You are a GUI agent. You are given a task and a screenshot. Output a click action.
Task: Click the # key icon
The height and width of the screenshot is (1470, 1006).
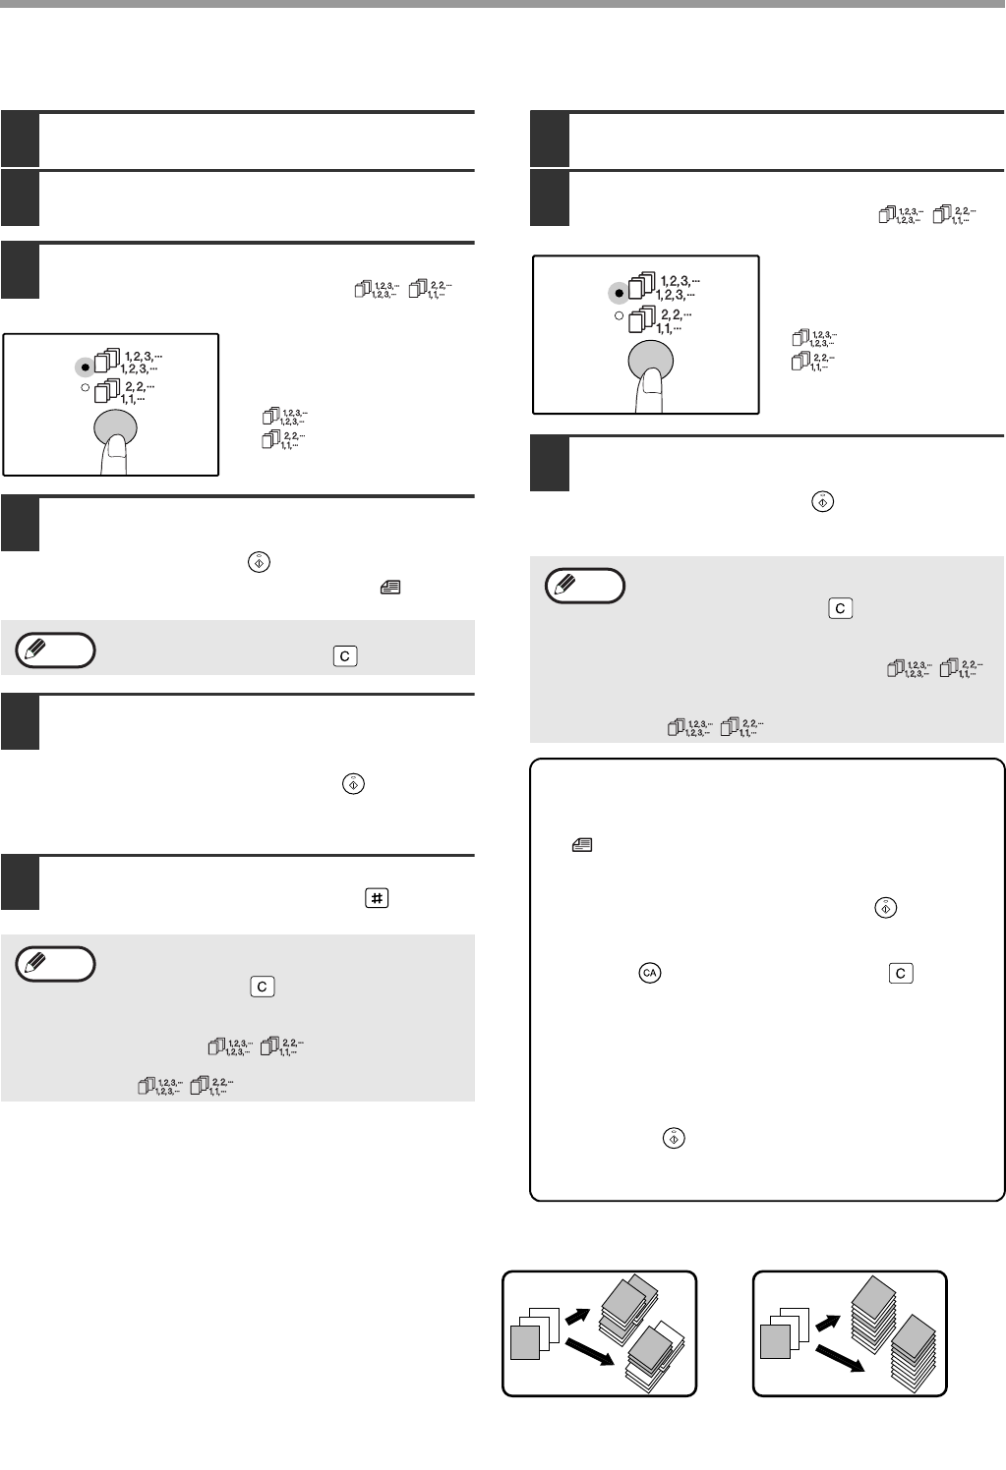(x=377, y=898)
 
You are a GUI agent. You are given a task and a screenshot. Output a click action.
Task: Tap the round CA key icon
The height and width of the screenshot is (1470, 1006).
(x=649, y=973)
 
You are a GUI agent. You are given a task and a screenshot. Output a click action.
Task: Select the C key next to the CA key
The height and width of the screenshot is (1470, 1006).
(x=900, y=973)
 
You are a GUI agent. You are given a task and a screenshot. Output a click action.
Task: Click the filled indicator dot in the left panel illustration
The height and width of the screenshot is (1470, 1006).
(x=85, y=367)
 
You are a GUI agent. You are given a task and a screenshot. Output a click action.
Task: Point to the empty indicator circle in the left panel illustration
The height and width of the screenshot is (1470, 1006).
(x=85, y=388)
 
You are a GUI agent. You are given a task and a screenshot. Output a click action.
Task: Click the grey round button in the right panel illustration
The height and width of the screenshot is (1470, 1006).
(x=651, y=361)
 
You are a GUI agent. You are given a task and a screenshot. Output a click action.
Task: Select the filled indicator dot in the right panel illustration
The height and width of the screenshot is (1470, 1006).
(x=619, y=294)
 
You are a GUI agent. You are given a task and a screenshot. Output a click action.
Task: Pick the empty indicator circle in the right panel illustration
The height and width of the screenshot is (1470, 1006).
(x=619, y=315)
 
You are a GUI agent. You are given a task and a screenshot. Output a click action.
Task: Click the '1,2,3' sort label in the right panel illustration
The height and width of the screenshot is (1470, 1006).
(x=678, y=288)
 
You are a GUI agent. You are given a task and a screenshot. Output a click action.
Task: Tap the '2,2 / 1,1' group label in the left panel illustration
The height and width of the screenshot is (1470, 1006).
(x=138, y=392)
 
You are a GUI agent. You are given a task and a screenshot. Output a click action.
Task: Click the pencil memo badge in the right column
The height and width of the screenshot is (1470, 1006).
(x=584, y=586)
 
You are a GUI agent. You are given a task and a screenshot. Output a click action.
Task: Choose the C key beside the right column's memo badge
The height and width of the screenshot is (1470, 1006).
(x=840, y=608)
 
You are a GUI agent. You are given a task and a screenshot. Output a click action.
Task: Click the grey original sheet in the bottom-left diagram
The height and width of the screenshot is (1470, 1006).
(x=525, y=1342)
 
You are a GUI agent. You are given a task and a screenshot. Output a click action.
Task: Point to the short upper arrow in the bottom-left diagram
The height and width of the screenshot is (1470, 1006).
(x=577, y=1316)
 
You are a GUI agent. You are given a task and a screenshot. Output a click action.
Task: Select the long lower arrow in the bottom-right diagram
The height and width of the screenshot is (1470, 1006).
(x=840, y=1359)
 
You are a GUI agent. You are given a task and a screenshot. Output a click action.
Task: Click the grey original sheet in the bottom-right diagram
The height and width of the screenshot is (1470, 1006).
(x=775, y=1342)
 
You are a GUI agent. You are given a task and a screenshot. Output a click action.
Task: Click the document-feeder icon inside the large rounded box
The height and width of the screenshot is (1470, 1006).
(x=582, y=845)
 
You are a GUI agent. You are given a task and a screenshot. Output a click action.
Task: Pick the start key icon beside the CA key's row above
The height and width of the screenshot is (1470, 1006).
(x=885, y=908)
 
